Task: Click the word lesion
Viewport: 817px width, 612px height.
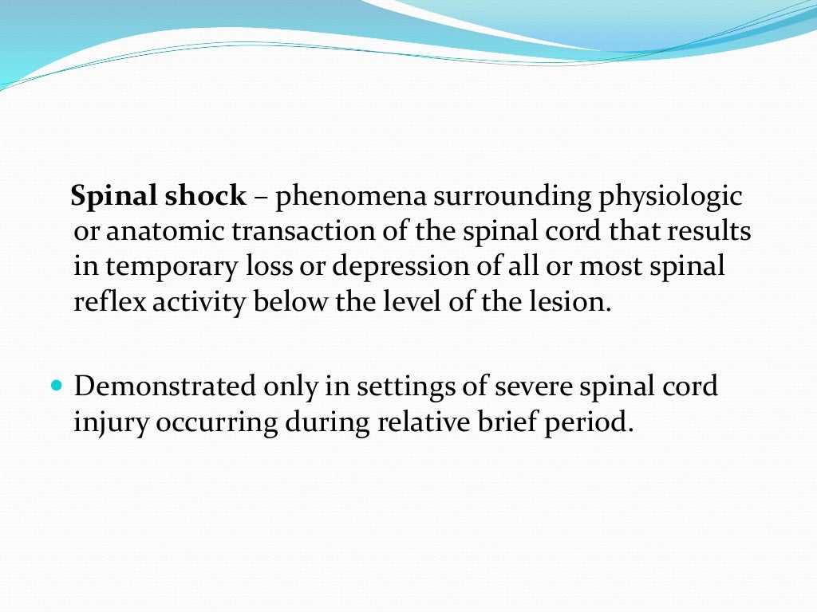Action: click(570, 302)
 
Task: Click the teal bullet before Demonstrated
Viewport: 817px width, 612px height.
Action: click(55, 386)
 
